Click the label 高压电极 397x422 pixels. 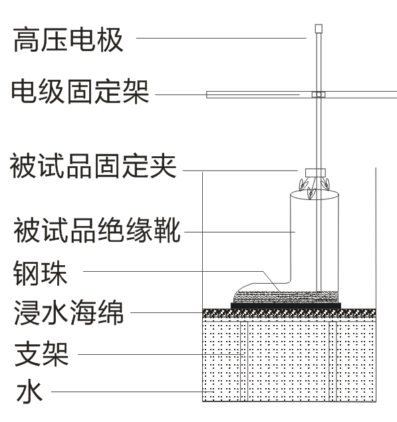[x=68, y=39]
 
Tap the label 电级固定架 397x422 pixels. [x=80, y=92]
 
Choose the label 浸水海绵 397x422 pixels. [x=68, y=312]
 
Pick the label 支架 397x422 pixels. [x=41, y=354]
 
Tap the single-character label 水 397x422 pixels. [x=29, y=391]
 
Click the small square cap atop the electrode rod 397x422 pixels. [x=318, y=29]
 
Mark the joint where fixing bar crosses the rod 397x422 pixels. [x=318, y=94]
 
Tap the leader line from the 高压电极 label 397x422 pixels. [x=219, y=39]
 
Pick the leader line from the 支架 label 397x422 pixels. [x=160, y=354]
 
